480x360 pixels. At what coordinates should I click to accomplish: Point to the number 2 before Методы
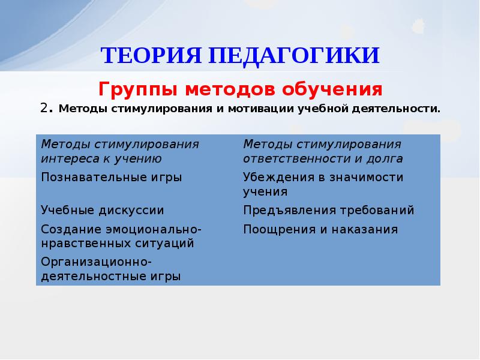point(44,109)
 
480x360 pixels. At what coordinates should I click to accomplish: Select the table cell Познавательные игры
point(111,177)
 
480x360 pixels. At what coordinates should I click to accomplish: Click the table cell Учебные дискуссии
point(102,211)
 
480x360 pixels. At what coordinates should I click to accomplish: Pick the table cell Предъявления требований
point(328,211)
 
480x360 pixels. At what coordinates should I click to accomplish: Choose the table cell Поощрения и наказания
point(320,229)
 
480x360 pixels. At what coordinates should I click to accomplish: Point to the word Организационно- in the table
point(96,262)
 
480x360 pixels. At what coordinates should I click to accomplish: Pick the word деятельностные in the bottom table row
point(85,277)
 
